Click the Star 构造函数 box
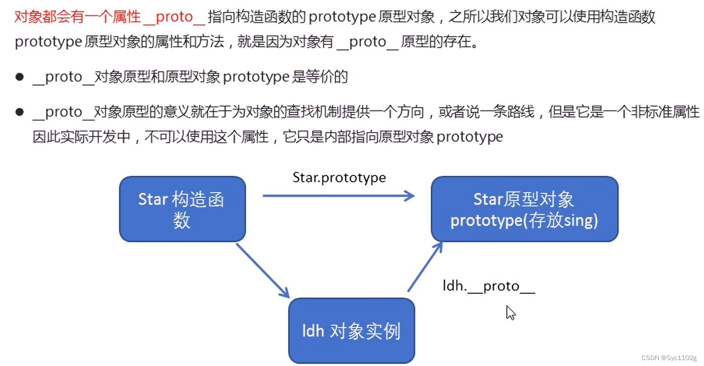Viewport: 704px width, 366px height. click(x=182, y=209)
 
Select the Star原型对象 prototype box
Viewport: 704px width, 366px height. click(x=524, y=209)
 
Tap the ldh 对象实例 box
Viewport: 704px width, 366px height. click(x=352, y=331)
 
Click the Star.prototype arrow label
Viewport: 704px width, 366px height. click(x=339, y=177)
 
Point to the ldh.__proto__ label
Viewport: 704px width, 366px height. click(x=488, y=286)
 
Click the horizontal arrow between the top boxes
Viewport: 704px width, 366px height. click(x=339, y=196)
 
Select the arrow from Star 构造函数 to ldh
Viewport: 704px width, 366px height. click(x=262, y=270)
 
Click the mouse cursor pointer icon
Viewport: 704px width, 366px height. click(x=511, y=312)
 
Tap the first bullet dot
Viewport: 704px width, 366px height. click(x=20, y=77)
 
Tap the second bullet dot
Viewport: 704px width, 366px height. click(x=20, y=112)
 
